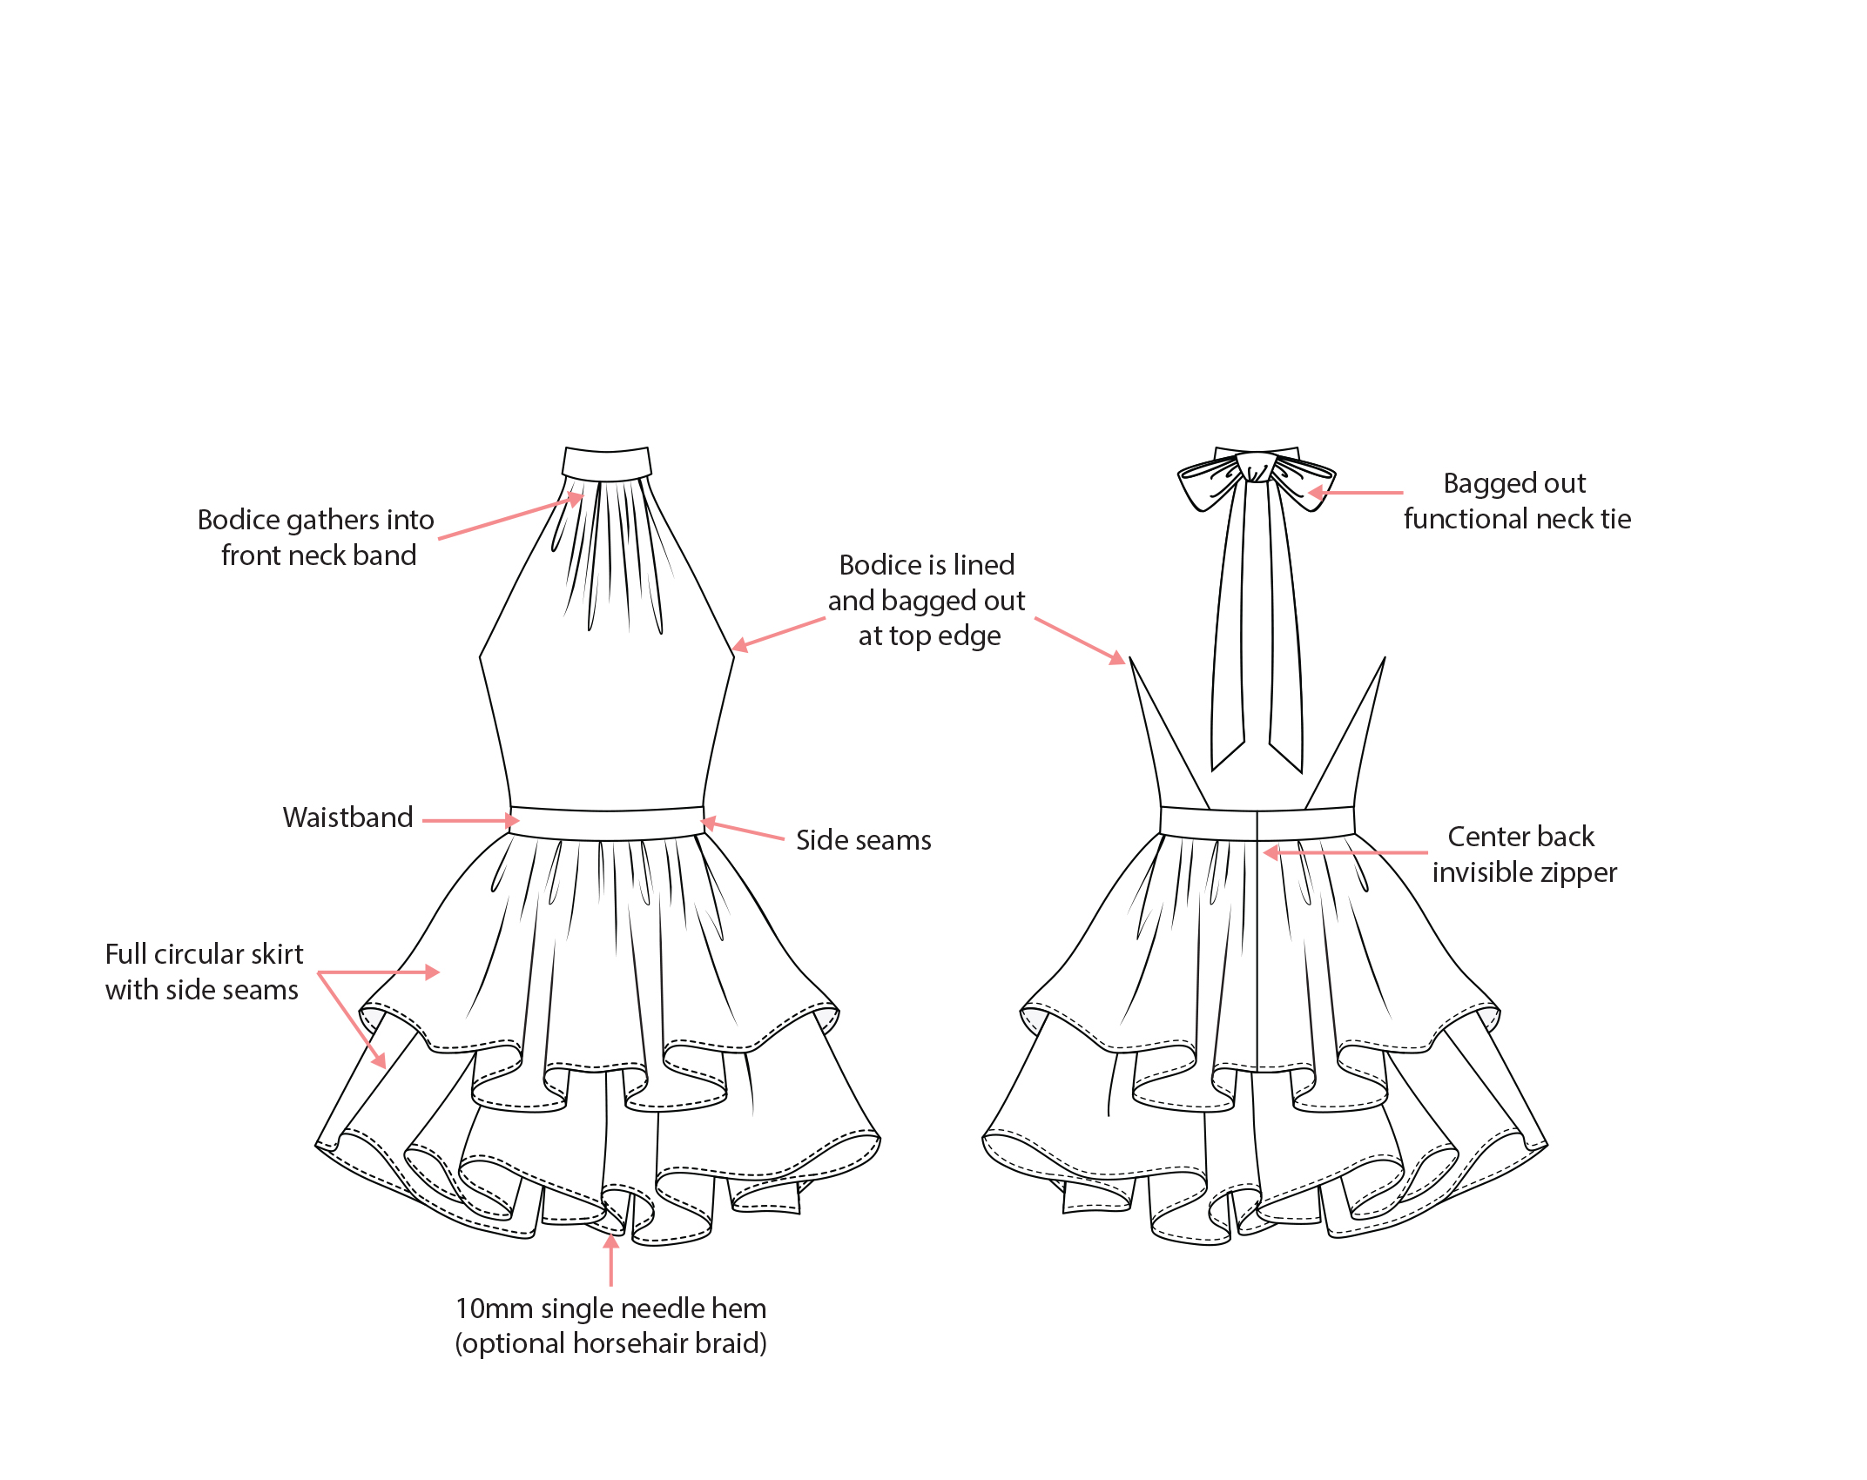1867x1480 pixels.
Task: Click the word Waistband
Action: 347,817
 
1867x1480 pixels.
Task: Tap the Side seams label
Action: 863,840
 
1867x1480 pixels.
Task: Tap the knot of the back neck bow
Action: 1257,468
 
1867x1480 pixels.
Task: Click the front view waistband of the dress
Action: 607,824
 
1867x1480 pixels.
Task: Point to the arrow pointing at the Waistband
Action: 470,820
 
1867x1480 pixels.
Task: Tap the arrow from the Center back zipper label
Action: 1345,852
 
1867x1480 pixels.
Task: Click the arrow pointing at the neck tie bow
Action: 1356,493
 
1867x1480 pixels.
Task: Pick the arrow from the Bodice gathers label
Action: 510,518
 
